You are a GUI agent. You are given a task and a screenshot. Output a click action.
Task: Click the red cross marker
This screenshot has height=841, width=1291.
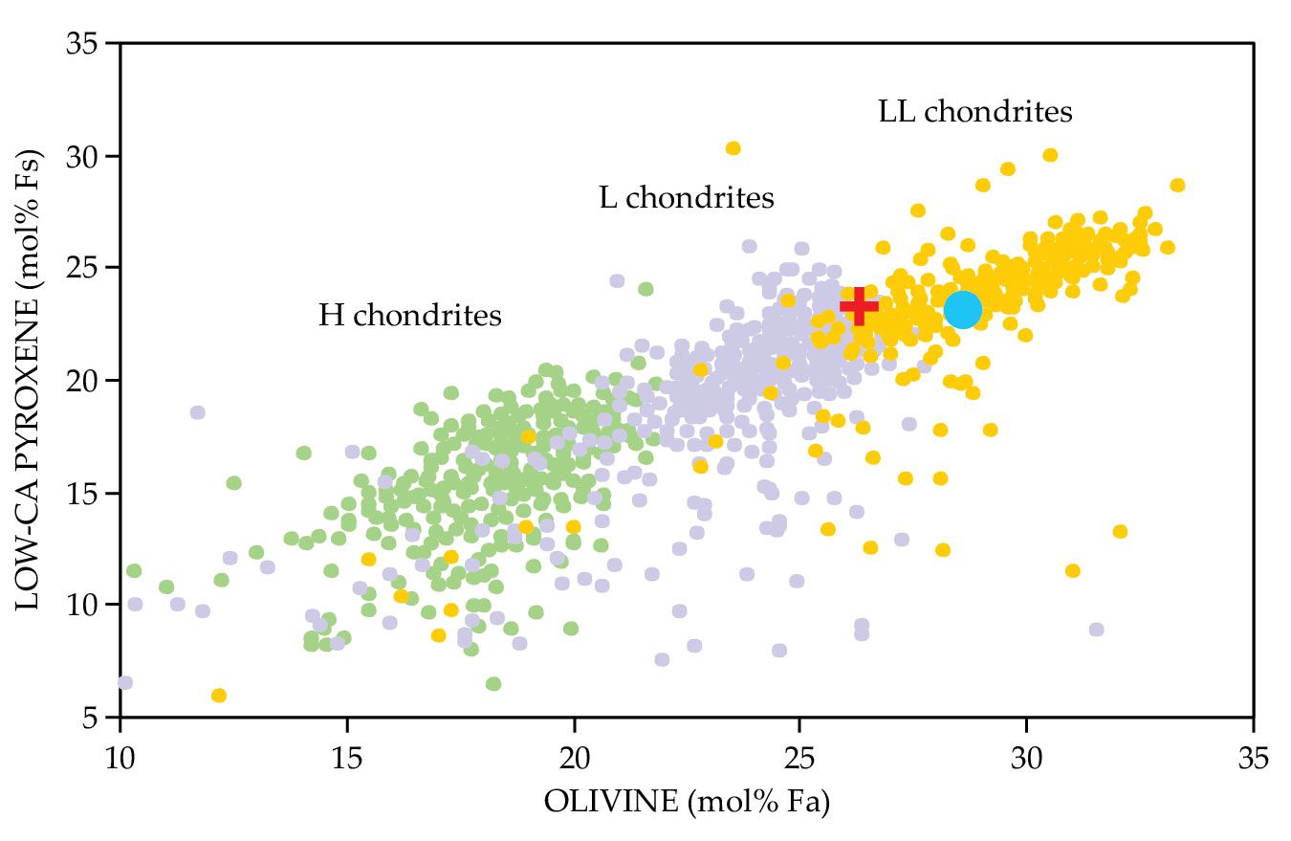859,306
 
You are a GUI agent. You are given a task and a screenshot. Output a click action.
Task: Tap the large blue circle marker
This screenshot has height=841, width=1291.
962,309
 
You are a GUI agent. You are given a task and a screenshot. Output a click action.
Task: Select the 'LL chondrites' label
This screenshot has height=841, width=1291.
975,112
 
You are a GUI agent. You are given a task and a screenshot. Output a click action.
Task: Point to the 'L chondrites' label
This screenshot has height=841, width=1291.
687,198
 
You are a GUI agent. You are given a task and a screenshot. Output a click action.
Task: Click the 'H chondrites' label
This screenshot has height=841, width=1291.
409,315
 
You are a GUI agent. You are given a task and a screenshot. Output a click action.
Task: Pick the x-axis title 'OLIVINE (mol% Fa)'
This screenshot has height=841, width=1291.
686,802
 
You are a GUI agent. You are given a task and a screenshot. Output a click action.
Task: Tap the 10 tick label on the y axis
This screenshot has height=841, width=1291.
85,605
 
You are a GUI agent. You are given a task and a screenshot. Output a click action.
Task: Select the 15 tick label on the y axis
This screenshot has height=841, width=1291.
85,493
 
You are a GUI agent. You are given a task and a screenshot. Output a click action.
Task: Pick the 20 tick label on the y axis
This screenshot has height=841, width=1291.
85,380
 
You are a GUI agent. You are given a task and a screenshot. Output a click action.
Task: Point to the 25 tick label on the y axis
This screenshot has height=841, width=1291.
85,268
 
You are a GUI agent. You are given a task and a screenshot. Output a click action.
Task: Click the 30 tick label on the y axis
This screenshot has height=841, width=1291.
85,155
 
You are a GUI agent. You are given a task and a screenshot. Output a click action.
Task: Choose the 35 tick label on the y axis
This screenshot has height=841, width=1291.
85,44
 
